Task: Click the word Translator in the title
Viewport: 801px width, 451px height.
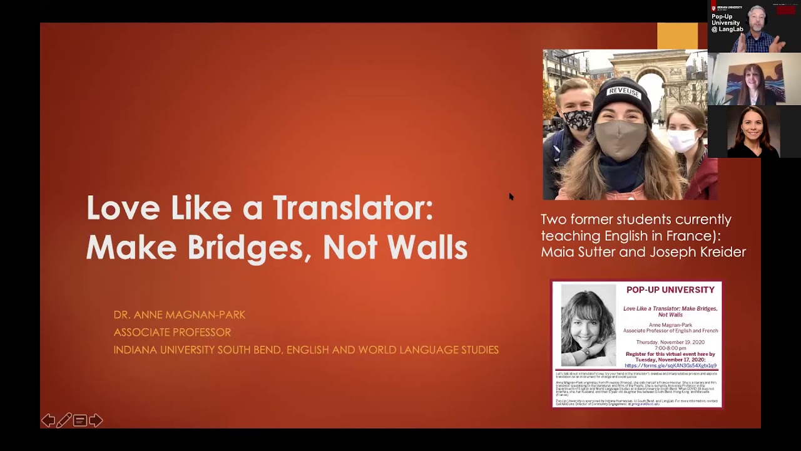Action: (353, 208)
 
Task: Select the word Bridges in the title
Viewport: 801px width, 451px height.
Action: (250, 247)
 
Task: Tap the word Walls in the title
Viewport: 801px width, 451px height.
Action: (427, 247)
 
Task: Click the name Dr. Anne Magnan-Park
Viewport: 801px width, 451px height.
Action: (179, 314)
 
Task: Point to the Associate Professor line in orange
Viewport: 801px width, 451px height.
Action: (172, 332)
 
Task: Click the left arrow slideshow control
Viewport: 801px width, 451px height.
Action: (48, 420)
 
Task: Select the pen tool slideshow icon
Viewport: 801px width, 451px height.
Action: (64, 420)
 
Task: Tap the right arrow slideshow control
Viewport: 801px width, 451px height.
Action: (96, 420)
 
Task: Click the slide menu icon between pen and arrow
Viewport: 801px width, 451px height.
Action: (79, 420)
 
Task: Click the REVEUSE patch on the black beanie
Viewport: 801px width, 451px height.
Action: (623, 92)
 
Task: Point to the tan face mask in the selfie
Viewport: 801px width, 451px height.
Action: (621, 139)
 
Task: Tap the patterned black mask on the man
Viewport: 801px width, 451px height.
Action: (578, 120)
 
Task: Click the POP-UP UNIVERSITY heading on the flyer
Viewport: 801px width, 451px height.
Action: (670, 289)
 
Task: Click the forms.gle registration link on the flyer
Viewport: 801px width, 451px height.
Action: (670, 366)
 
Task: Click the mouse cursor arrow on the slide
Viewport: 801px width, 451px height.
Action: (511, 196)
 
